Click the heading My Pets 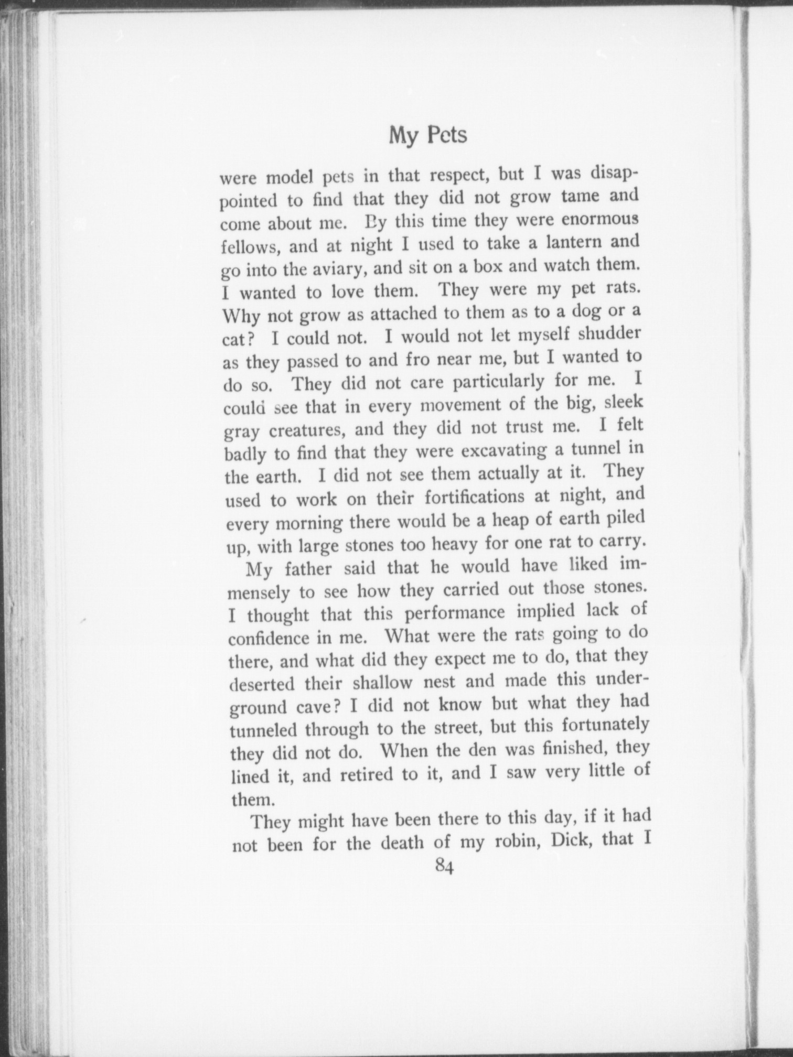(x=427, y=136)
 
